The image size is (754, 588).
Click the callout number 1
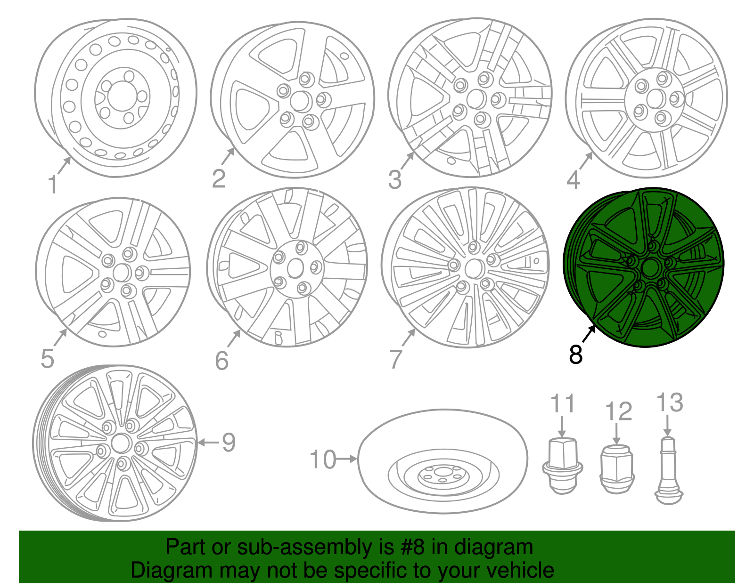52,185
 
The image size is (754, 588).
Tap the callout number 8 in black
575,354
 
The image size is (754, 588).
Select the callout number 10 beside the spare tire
323,459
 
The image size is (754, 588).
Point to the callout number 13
669,403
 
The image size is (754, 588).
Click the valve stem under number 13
668,471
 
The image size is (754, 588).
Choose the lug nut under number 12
617,469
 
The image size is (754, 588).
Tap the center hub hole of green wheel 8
650,268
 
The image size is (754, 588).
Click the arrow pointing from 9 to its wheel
208,442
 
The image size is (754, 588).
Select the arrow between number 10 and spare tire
348,459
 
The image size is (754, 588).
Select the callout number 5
47,359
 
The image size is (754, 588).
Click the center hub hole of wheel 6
295,269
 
